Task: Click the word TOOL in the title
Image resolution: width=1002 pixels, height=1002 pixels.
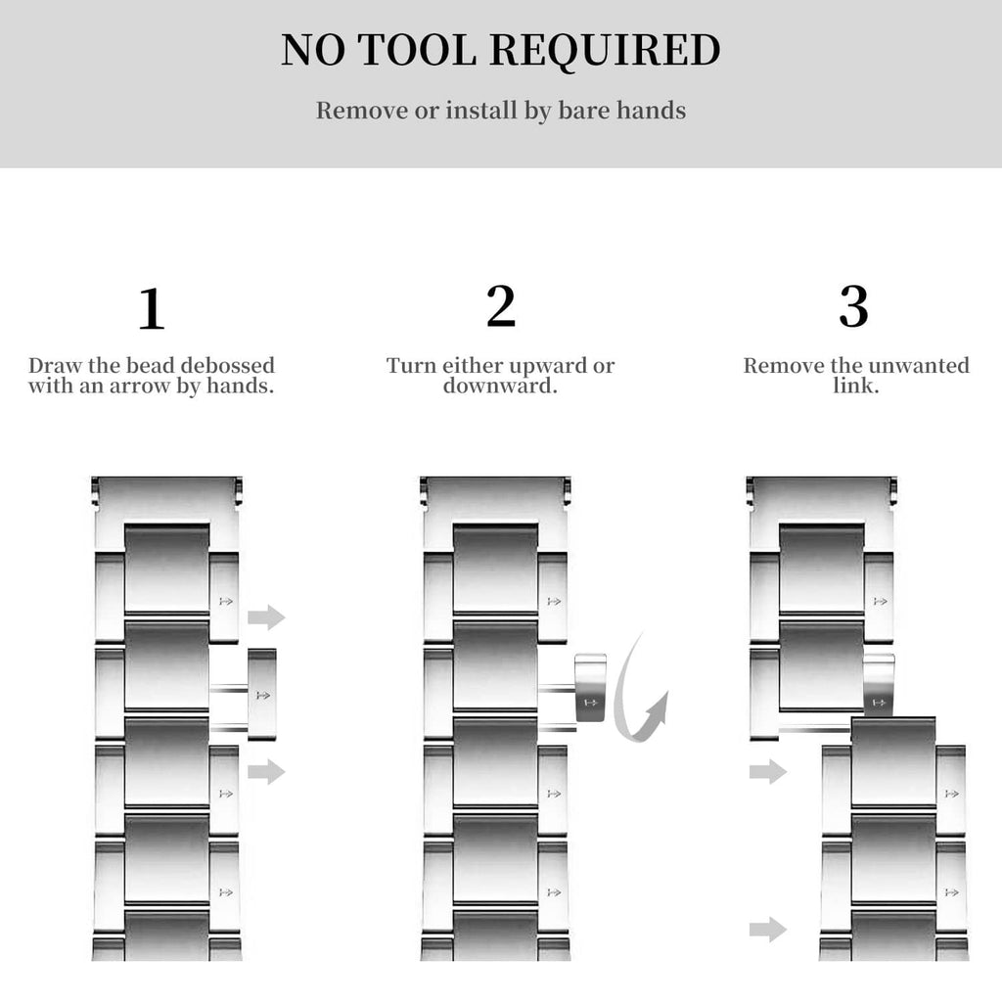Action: (x=417, y=50)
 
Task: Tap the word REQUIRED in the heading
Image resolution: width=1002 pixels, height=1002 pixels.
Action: (x=606, y=51)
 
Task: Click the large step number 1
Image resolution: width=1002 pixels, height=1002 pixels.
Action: (x=152, y=308)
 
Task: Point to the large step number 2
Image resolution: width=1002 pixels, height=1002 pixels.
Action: (x=500, y=306)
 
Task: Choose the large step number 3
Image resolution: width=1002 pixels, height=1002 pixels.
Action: (x=853, y=306)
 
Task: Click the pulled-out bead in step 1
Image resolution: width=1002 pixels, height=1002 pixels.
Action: (x=262, y=695)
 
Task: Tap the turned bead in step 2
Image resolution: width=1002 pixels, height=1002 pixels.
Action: (x=590, y=688)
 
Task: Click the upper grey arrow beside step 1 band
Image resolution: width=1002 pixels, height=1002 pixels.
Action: (x=266, y=617)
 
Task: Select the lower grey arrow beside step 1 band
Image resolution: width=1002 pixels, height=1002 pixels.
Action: (x=266, y=771)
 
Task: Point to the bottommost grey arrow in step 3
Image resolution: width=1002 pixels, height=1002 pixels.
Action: (x=768, y=930)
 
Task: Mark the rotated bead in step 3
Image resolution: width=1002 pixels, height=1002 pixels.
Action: (x=879, y=685)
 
